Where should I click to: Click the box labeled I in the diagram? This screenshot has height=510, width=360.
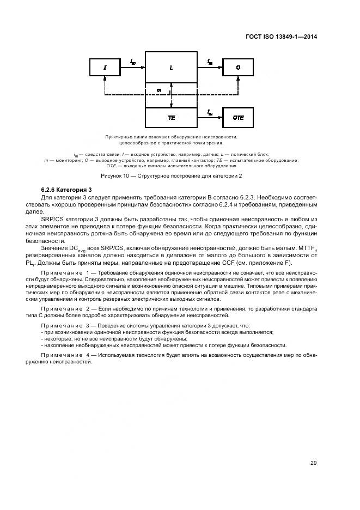click(x=105, y=68)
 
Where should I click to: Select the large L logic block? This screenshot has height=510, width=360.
click(x=171, y=68)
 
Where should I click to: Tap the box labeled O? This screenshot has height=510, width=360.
click(x=238, y=68)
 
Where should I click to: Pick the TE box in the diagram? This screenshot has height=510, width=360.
click(x=171, y=117)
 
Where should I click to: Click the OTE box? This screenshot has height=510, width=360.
click(x=238, y=117)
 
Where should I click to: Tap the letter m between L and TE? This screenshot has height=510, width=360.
click(x=158, y=90)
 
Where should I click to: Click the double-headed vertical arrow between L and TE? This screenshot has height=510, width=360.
click(x=172, y=95)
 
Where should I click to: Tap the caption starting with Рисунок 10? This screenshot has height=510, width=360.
click(x=172, y=176)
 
